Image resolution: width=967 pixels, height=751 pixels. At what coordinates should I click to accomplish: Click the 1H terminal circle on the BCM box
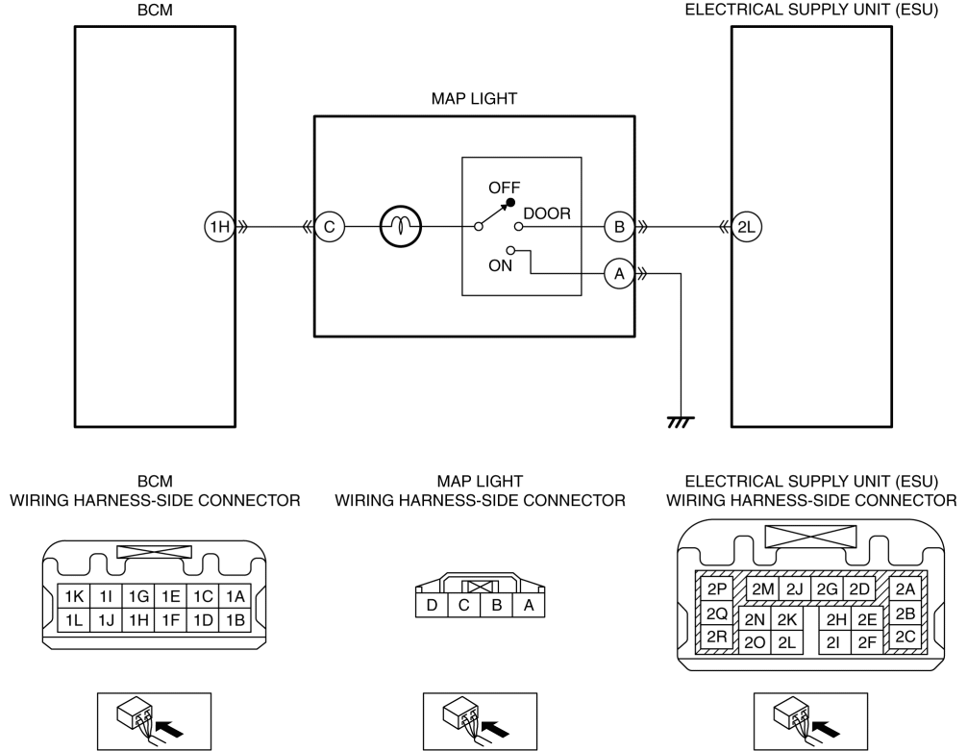click(219, 227)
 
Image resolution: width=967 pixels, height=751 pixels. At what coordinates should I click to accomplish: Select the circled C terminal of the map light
click(330, 227)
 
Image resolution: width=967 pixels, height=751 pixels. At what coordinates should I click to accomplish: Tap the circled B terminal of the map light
click(619, 227)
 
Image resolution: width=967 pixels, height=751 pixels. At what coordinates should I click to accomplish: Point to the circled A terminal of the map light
click(619, 273)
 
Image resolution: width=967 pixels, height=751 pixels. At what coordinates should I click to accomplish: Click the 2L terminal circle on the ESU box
click(746, 227)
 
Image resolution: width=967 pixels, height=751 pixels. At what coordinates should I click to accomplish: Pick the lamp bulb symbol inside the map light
click(401, 227)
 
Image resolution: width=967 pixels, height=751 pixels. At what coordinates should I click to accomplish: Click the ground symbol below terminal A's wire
click(681, 422)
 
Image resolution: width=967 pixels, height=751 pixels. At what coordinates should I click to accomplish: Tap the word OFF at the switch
click(504, 188)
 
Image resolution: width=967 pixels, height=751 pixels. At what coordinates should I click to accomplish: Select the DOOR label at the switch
click(547, 213)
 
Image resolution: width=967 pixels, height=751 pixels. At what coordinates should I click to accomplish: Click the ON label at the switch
click(500, 265)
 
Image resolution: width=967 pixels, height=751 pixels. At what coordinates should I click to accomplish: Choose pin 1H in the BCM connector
click(138, 619)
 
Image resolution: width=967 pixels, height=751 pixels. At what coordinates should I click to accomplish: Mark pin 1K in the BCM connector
click(74, 597)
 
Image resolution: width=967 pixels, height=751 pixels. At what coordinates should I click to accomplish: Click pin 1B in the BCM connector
click(235, 619)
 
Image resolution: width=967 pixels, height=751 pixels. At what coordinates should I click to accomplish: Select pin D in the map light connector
click(432, 606)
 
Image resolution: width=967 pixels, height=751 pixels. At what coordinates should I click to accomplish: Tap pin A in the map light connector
click(529, 606)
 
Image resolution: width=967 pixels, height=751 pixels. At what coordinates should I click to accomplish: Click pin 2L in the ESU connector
click(786, 642)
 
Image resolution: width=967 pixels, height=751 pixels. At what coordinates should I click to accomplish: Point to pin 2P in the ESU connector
click(717, 589)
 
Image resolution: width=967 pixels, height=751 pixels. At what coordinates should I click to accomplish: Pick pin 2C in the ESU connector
click(905, 637)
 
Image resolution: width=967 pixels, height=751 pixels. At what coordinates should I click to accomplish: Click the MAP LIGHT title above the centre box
click(474, 99)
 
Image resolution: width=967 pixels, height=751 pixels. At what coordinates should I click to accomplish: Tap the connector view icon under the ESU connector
click(810, 721)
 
